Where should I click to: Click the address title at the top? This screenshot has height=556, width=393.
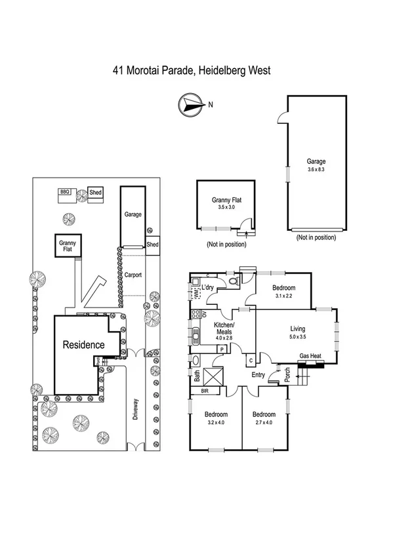[192, 69]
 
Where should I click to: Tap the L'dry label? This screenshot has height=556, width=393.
[209, 288]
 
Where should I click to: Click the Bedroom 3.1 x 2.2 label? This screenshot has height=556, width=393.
[283, 292]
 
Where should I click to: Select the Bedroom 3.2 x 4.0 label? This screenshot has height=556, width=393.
[215, 419]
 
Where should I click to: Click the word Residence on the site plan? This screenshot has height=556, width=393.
[83, 344]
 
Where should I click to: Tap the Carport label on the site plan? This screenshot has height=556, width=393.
[133, 275]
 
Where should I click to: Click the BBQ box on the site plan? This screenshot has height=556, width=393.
[64, 192]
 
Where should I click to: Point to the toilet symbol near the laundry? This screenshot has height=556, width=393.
[233, 283]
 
